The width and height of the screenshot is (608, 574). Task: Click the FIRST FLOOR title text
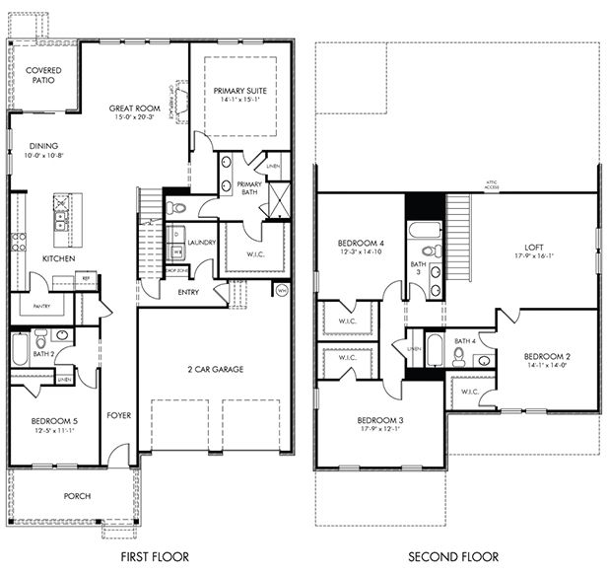pos(155,557)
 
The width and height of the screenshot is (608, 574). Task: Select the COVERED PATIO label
pos(42,75)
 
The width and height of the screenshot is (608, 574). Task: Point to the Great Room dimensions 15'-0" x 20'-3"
pos(135,116)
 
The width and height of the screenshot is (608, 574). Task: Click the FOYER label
pos(118,415)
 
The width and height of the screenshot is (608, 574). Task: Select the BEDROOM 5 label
pos(54,421)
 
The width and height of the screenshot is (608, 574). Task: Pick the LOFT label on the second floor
pos(533,249)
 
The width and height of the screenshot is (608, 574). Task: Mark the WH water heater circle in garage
pos(281,290)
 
